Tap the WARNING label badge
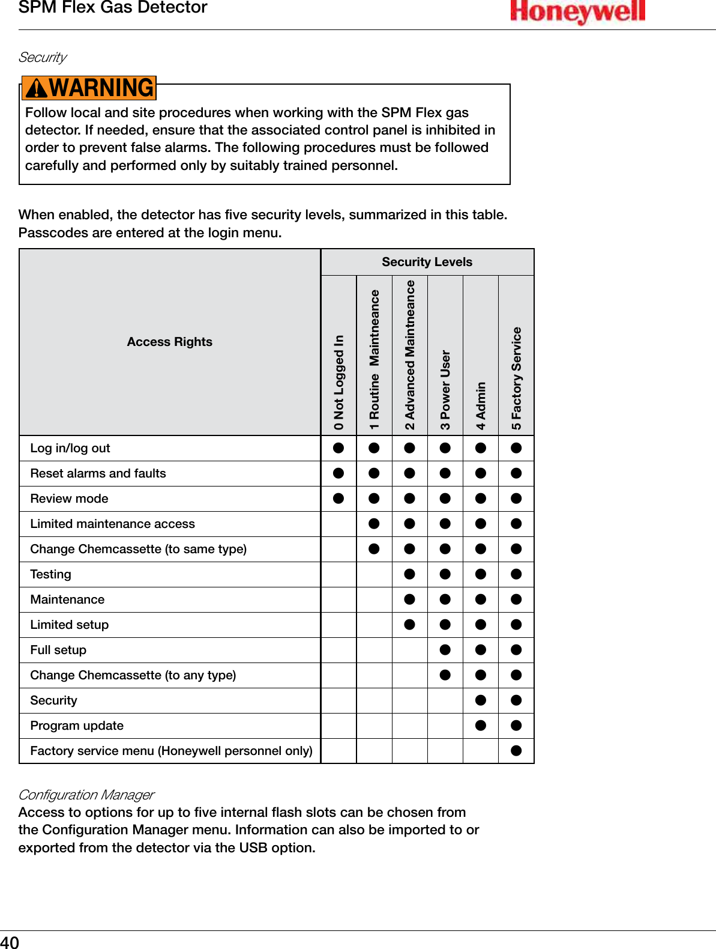pyautogui.click(x=89, y=88)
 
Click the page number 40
pyautogui.click(x=10, y=942)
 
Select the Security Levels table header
pyautogui.click(x=427, y=262)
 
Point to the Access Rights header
pyautogui.click(x=169, y=342)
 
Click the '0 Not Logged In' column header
pyautogui.click(x=339, y=382)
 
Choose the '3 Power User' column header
pyautogui.click(x=445, y=389)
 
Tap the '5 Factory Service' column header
pyautogui.click(x=516, y=378)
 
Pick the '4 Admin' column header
pyautogui.click(x=481, y=405)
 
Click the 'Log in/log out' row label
pyautogui.click(x=70, y=448)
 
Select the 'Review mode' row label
pyautogui.click(x=69, y=499)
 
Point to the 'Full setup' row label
pyautogui.click(x=58, y=650)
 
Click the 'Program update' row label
pyautogui.click(x=77, y=726)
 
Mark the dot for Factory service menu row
pyautogui.click(x=516, y=751)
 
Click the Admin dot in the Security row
pyautogui.click(x=481, y=700)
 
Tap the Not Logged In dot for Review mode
pyautogui.click(x=338, y=499)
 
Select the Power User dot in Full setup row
pyautogui.click(x=445, y=650)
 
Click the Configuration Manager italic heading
pyautogui.click(x=86, y=795)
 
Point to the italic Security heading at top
pyautogui.click(x=43, y=57)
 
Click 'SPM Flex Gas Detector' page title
pyautogui.click(x=113, y=8)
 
